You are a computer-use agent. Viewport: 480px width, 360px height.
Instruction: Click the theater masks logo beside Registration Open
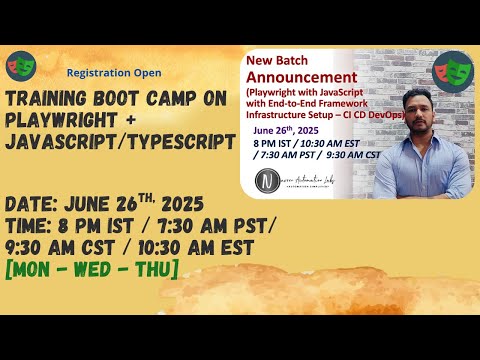[20, 67]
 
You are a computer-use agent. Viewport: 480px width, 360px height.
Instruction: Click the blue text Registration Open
[113, 73]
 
